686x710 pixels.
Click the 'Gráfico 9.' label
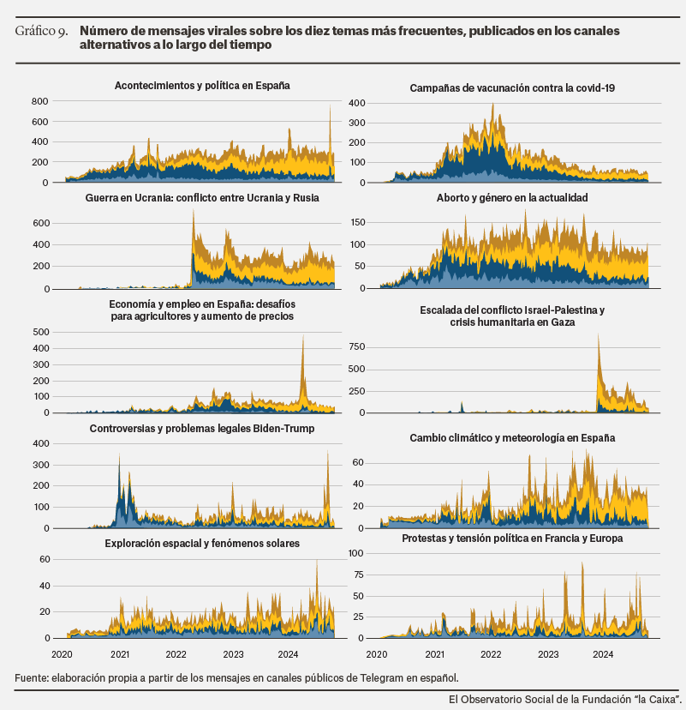[41, 31]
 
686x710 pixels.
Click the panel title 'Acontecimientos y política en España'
[202, 86]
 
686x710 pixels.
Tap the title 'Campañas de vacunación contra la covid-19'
[512, 87]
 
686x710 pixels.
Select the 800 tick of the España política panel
[39, 101]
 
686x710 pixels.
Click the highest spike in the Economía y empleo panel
[303, 335]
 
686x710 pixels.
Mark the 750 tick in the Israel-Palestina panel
[356, 346]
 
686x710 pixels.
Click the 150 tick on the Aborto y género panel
[357, 222]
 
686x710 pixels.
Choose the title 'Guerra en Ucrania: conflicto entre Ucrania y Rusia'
[202, 198]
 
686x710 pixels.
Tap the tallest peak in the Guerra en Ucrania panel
[193, 209]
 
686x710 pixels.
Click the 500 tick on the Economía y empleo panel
[41, 332]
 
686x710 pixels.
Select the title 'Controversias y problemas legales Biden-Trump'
[202, 429]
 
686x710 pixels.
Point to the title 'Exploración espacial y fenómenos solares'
[202, 544]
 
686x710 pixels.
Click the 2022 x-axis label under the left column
[176, 654]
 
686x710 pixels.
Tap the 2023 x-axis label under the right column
[548, 654]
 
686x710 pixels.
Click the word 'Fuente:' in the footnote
[32, 678]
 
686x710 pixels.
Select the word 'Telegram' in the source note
[382, 678]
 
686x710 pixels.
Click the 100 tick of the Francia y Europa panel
[356, 553]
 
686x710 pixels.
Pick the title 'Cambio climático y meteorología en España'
[512, 438]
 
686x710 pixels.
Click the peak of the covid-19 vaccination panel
[493, 104]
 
